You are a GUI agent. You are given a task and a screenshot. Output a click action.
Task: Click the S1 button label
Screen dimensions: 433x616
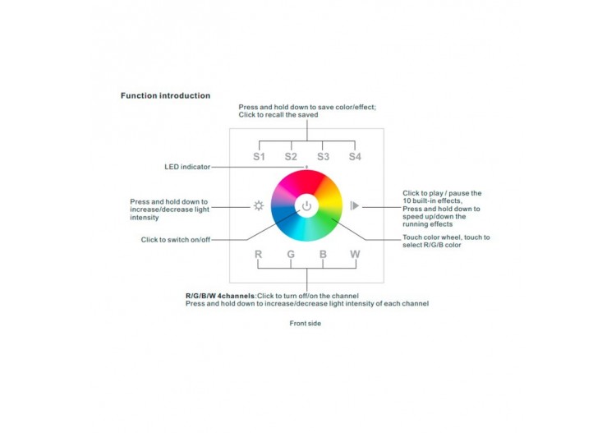(x=259, y=156)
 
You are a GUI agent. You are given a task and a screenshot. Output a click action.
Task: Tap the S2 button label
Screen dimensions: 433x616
(x=291, y=156)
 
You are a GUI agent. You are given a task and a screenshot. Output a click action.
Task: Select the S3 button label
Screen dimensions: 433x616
(x=323, y=156)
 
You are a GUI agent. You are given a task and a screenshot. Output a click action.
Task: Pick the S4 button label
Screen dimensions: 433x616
(x=355, y=156)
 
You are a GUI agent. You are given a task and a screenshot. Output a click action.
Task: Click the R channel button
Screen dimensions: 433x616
(x=259, y=254)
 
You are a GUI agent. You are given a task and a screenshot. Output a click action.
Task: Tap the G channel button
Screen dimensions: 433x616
(x=291, y=254)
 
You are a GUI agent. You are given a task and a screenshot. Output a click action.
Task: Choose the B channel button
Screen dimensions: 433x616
(x=323, y=254)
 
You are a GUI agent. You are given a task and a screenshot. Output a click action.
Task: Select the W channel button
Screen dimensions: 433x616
(x=355, y=254)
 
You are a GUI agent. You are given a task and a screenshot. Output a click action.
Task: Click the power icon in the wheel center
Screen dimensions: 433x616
(x=306, y=205)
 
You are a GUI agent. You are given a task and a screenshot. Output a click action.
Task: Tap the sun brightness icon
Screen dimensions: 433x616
(x=258, y=205)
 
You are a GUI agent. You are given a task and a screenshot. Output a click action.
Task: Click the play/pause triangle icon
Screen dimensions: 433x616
(x=354, y=205)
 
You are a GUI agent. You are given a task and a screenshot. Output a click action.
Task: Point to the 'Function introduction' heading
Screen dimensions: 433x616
(x=165, y=95)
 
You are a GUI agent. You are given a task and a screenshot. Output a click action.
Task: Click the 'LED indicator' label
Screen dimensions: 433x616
(x=187, y=167)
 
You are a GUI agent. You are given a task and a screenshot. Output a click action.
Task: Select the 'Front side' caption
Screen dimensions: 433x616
(x=306, y=323)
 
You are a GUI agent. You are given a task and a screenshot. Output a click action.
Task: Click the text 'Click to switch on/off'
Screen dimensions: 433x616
(x=177, y=239)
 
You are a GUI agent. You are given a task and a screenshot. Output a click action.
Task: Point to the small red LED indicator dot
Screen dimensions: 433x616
(x=306, y=168)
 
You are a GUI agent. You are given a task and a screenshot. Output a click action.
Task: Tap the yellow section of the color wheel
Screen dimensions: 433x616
(x=328, y=191)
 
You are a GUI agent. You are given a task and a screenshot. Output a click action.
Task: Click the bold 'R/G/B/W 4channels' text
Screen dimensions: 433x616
(x=220, y=295)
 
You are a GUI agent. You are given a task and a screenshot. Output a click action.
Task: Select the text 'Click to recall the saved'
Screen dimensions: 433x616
(x=278, y=115)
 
